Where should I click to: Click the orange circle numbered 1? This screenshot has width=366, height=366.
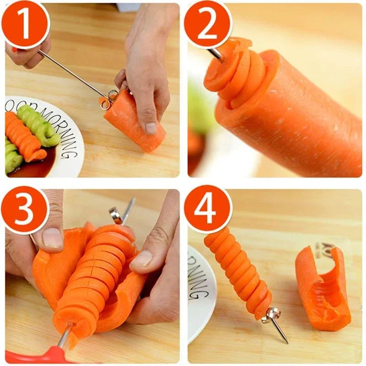click(x=25, y=24)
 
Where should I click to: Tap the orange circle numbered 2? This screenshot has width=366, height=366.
click(x=208, y=24)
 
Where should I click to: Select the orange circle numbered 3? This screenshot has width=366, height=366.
click(x=25, y=210)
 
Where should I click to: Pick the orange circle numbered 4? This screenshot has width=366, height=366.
click(x=208, y=210)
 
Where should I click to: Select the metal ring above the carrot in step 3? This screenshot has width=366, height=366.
click(x=116, y=215)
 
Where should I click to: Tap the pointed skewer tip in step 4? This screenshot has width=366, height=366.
click(x=285, y=341)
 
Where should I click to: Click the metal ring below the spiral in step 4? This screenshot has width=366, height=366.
click(x=273, y=315)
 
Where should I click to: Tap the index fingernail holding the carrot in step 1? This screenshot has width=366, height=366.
click(x=151, y=128)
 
